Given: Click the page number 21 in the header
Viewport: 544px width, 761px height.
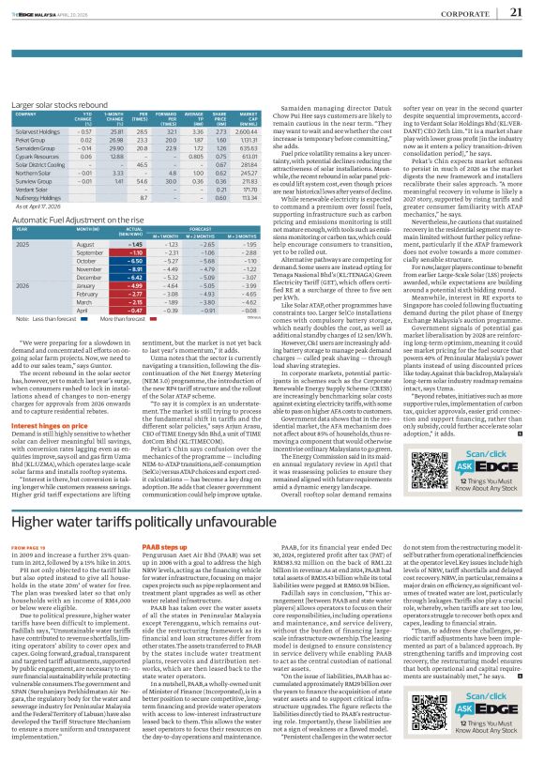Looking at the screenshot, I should (516, 13).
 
